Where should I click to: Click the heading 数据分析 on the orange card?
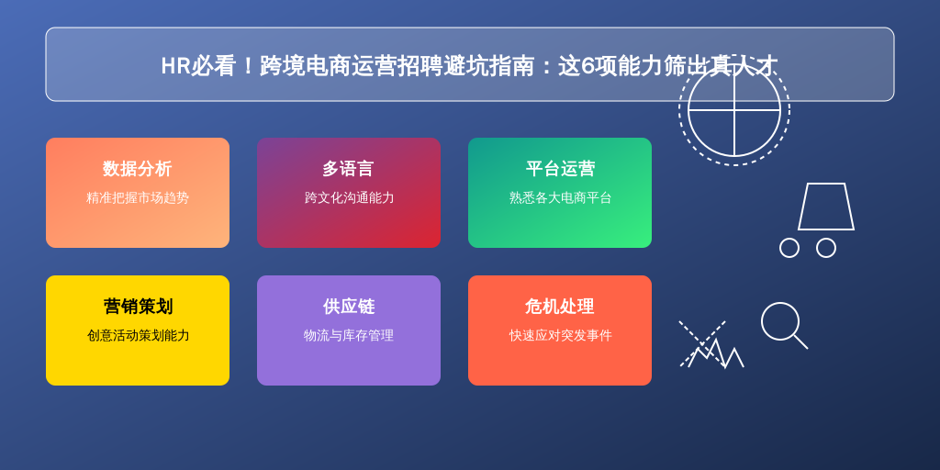(x=138, y=169)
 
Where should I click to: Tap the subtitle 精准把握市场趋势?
(x=138, y=198)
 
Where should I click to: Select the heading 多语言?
(x=348, y=169)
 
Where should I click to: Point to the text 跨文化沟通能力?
(x=349, y=198)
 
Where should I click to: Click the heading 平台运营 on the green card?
(x=560, y=169)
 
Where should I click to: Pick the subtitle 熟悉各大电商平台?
(x=560, y=198)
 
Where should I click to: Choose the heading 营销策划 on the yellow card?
(x=138, y=307)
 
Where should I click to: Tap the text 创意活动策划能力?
(x=138, y=335)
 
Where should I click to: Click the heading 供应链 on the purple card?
(x=348, y=307)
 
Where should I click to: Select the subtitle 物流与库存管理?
(x=348, y=335)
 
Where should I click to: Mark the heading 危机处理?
(x=560, y=307)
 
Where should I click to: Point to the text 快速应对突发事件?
(x=560, y=335)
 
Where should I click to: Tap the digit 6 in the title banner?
(x=588, y=66)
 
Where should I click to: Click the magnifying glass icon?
(x=784, y=325)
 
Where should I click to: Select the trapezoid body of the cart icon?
(x=826, y=207)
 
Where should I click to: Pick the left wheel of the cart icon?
(x=789, y=248)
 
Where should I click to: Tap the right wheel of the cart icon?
(x=826, y=248)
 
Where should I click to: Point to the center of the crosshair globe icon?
(x=734, y=110)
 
